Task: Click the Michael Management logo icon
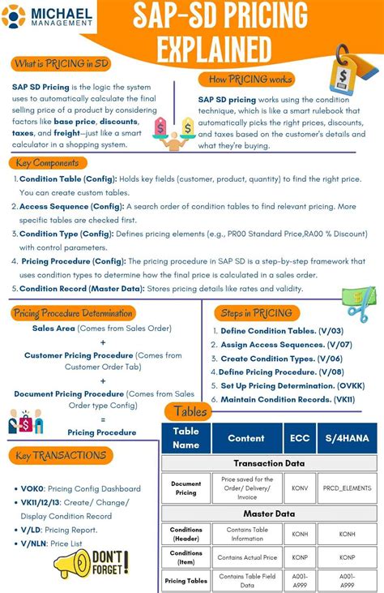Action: tap(15, 15)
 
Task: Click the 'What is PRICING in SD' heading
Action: tap(61, 63)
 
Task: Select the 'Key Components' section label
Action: tap(47, 162)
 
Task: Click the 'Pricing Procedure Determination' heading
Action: tap(72, 312)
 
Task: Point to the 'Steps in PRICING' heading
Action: tap(258, 312)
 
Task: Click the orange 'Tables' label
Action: tap(190, 411)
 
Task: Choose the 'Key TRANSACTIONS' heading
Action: tap(60, 455)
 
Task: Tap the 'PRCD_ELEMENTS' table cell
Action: tap(347, 488)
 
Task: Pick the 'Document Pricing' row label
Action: tap(186, 488)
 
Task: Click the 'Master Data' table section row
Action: tap(269, 514)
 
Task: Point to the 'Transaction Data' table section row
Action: tap(269, 463)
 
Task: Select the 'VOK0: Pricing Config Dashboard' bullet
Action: tap(81, 488)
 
